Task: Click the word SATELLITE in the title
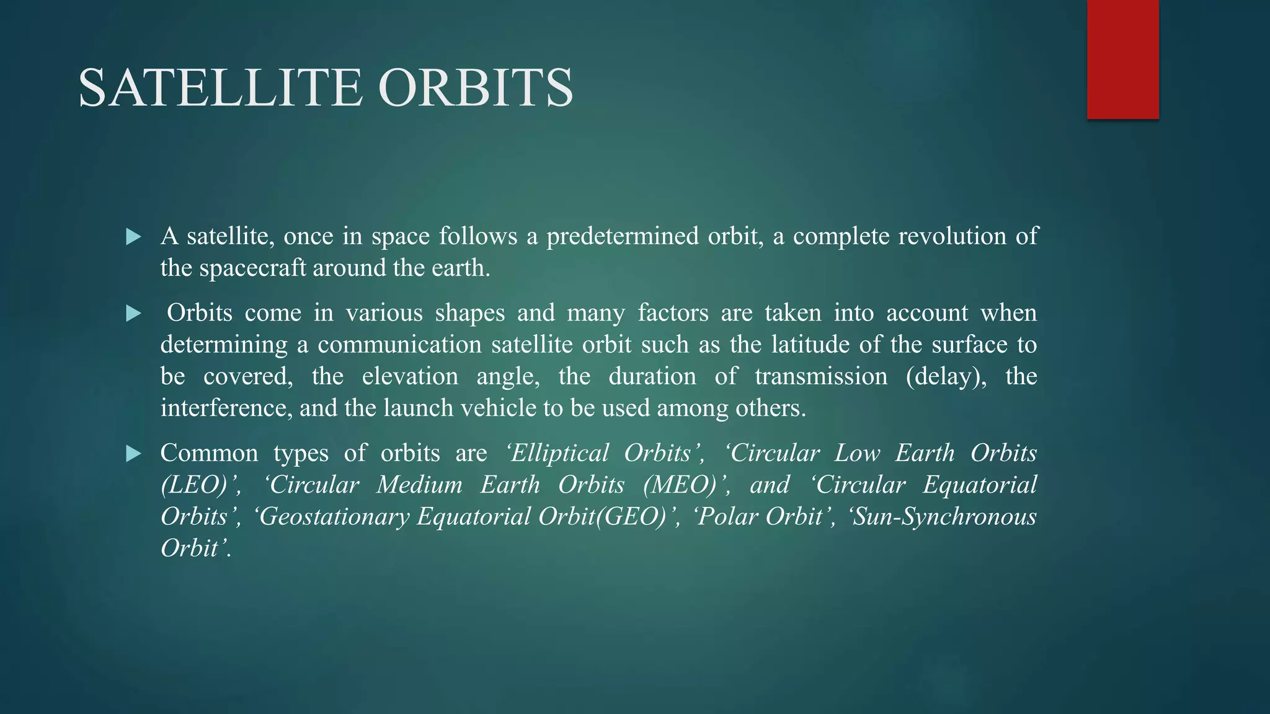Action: pyautogui.click(x=220, y=88)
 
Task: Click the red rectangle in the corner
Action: pyautogui.click(x=1122, y=59)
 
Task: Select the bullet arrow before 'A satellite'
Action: pyautogui.click(x=133, y=237)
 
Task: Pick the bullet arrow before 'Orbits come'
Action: pyautogui.click(x=133, y=314)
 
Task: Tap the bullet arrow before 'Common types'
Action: pyautogui.click(x=133, y=454)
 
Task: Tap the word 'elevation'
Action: pyautogui.click(x=410, y=376)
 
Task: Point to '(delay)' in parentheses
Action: pyautogui.click(x=946, y=376)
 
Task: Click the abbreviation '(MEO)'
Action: pyautogui.click(x=682, y=485)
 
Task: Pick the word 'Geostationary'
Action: pyautogui.click(x=335, y=517)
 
